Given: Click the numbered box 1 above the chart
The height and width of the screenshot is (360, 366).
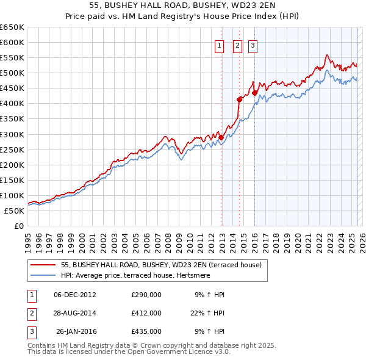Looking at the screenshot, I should (218, 45).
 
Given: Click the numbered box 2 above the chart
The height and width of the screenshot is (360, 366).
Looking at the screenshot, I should (237, 45).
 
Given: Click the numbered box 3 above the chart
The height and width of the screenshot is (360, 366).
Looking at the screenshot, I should (253, 45).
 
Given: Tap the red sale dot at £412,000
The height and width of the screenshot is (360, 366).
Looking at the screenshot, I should (240, 99).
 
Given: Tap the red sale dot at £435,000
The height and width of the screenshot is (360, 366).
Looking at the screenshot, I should (255, 92).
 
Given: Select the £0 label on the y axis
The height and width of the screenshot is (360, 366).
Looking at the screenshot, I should (18, 226).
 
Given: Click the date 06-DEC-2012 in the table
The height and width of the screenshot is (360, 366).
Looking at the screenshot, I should (75, 295).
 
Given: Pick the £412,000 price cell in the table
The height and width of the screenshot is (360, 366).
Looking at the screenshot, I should (146, 313).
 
